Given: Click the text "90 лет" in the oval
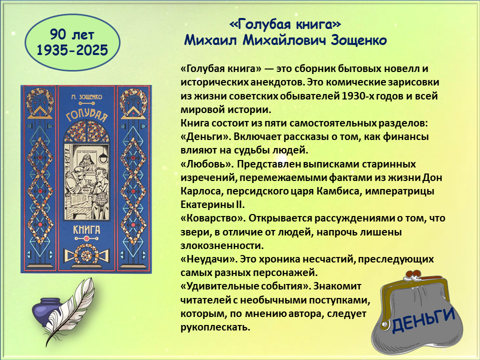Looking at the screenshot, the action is [x=72, y=35].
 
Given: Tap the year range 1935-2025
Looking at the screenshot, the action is [x=72, y=50].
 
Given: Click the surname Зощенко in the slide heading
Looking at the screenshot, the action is [x=358, y=40].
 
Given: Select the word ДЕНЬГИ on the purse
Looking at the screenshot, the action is [x=423, y=319].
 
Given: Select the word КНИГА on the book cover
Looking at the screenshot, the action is [x=86, y=229].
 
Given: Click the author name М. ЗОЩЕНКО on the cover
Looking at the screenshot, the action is [x=86, y=97].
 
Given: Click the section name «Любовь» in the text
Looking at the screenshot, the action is [x=206, y=164].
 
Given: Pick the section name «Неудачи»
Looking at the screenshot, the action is [x=208, y=259].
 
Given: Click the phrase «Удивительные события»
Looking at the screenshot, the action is [x=245, y=286].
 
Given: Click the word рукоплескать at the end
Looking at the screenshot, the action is [x=215, y=327].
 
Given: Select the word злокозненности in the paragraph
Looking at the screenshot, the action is [x=222, y=246].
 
